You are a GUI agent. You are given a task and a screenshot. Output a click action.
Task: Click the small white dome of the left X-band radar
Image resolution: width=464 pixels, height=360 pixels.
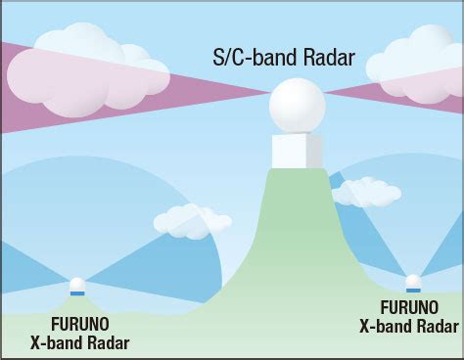click(x=77, y=285)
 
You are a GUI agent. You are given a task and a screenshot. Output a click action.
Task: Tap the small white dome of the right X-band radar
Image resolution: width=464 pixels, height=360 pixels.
click(x=412, y=282)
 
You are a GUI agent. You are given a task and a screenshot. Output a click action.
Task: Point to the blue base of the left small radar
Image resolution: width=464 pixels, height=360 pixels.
click(x=77, y=293)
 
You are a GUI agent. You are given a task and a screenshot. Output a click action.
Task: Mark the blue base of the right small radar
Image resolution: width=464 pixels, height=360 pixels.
click(x=412, y=291)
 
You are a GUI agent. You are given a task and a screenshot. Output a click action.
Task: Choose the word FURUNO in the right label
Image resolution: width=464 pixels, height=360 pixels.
click(x=411, y=304)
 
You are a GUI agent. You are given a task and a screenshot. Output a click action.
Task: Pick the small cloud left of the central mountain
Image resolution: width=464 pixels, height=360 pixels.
click(x=190, y=220)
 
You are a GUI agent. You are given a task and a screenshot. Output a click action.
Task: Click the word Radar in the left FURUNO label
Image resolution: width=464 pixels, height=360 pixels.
click(x=107, y=342)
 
